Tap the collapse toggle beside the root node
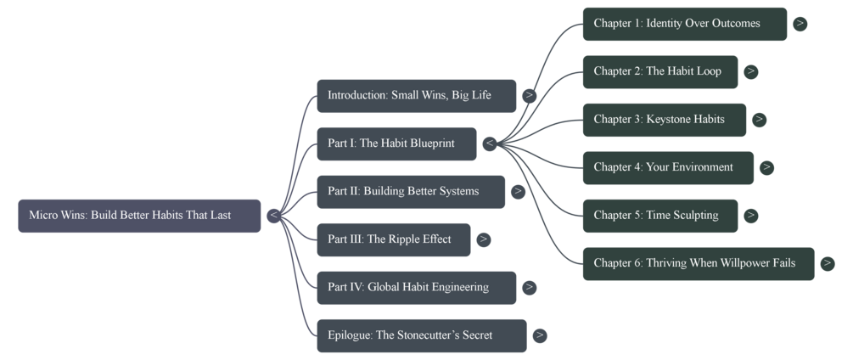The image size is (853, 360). [x=273, y=216]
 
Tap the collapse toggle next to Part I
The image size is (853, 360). [x=490, y=143]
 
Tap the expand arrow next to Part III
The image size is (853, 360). [x=483, y=239]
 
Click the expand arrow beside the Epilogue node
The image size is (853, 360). [x=540, y=335]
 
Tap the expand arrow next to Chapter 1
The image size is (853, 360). [x=800, y=24]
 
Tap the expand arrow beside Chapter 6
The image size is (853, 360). [x=828, y=263]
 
